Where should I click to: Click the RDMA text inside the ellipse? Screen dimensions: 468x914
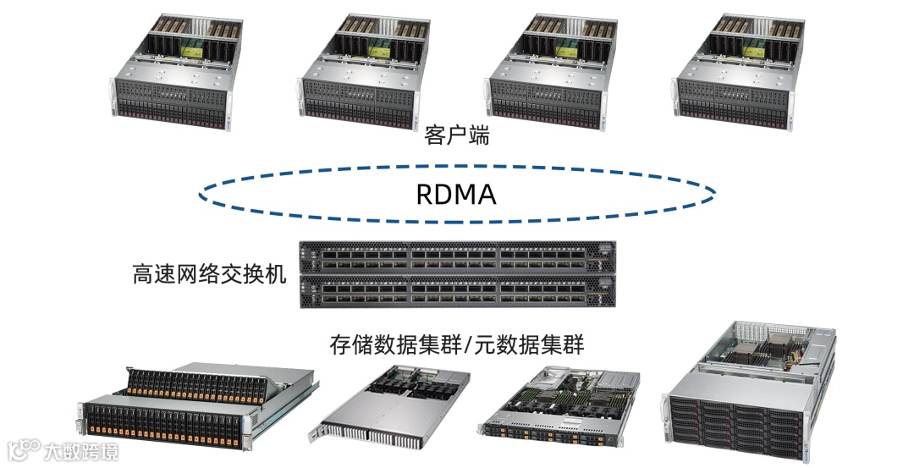(x=455, y=195)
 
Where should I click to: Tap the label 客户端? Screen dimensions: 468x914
(x=456, y=135)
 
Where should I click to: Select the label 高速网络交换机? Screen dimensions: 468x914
(x=210, y=275)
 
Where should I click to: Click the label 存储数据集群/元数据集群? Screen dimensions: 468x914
(x=456, y=346)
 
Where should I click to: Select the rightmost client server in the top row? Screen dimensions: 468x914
(x=734, y=72)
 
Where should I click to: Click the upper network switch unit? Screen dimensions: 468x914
(x=458, y=257)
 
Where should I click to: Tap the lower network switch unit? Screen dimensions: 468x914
(x=458, y=293)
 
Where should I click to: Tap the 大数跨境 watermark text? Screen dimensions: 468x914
(x=81, y=450)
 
